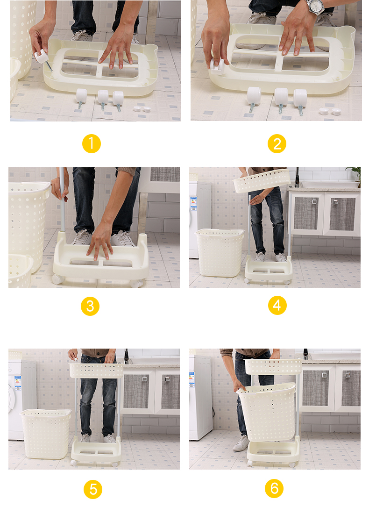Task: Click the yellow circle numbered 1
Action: (92, 143)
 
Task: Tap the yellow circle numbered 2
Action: (277, 143)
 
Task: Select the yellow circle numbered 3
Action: (90, 306)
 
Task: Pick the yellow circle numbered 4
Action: (277, 305)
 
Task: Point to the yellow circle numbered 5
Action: (93, 489)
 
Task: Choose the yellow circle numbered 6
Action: (274, 488)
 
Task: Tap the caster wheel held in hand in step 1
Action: (43, 57)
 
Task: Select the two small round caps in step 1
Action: (142, 109)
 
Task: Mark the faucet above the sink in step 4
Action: (297, 178)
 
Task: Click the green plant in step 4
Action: (355, 174)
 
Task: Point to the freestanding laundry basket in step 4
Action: (220, 252)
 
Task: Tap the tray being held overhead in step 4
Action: (262, 180)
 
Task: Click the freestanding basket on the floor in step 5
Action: (46, 434)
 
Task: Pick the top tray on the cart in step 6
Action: (273, 366)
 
